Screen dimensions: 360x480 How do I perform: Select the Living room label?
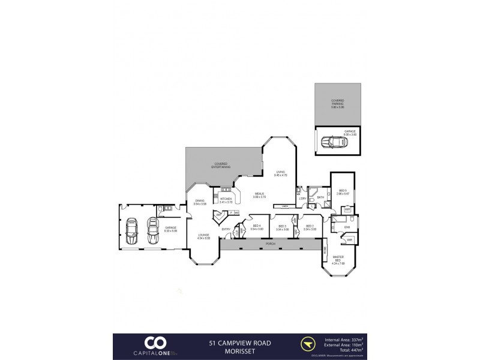pos(281,173)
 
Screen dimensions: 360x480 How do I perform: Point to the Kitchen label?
pos(226,200)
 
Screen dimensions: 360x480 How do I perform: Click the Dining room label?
pos(200,202)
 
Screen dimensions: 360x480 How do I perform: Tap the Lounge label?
pos(204,236)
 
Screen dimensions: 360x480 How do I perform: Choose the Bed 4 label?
pos(257,227)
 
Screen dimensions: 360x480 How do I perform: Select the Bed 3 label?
pos(283,227)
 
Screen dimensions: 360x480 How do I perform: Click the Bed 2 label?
pos(310,227)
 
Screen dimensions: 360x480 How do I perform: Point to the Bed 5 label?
pos(342,192)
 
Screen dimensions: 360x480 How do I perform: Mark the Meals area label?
pos(260,194)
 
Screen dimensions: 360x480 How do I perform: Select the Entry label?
pos(226,229)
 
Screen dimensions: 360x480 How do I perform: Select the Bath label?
pos(320,197)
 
